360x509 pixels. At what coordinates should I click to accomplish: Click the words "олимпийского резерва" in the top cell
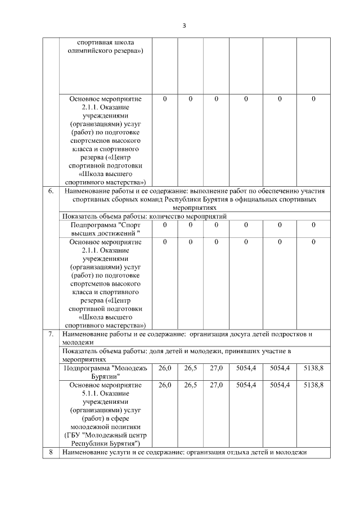(x=106, y=52)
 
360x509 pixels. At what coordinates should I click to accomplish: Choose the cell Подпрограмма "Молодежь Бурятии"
(x=106, y=372)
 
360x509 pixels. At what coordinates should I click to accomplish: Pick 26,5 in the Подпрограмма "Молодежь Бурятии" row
(x=191, y=368)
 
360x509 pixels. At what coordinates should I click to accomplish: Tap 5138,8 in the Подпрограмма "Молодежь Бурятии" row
(x=313, y=368)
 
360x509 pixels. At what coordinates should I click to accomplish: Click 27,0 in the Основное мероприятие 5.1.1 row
(x=216, y=385)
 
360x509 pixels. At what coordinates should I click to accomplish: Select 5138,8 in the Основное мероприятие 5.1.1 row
(x=313, y=385)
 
